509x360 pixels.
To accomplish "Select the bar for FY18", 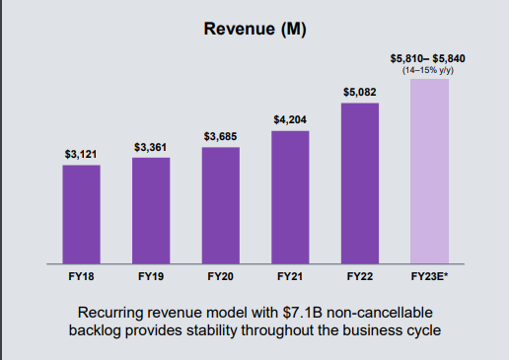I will pos(81,214).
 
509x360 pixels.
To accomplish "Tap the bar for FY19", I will pos(151,210).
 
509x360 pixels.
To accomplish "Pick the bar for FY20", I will pos(220,205).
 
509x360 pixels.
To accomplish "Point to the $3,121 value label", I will pos(81,155).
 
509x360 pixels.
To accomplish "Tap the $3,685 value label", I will pos(220,136).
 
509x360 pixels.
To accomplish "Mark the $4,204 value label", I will pos(290,120).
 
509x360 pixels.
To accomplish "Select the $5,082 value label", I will pos(360,92).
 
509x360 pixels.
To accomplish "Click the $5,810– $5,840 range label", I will pos(429,58).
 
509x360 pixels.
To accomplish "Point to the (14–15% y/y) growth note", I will pos(429,70).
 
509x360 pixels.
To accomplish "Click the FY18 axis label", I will pos(81,277).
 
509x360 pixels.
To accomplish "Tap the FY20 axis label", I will pos(220,277).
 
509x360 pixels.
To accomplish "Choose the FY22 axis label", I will pos(360,277).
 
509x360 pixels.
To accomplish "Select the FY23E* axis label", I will pos(429,277).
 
